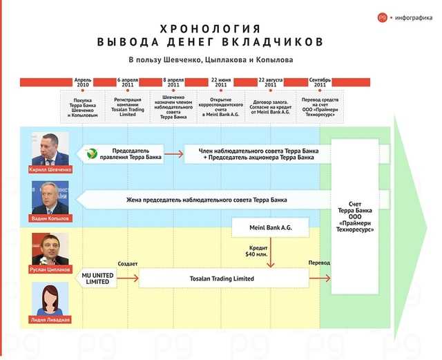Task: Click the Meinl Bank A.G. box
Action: click(x=270, y=227)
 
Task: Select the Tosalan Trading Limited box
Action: click(x=224, y=278)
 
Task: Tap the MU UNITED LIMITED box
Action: click(x=96, y=278)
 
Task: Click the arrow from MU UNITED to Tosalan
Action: click(x=128, y=278)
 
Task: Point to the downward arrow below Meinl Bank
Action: click(x=270, y=252)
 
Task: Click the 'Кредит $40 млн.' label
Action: click(x=256, y=251)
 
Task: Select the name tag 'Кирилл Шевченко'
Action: click(x=50, y=169)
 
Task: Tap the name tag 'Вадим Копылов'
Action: click(x=50, y=218)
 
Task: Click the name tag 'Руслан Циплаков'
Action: click(x=50, y=269)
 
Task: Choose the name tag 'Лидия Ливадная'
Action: click(x=50, y=320)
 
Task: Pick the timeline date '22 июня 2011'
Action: click(x=221, y=82)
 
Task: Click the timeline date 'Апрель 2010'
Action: click(x=83, y=82)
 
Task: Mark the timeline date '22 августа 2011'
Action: click(x=270, y=82)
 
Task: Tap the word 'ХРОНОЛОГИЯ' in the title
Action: click(x=210, y=29)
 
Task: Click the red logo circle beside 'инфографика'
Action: click(x=383, y=17)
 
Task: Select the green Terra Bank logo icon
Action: click(x=92, y=154)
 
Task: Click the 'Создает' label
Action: click(x=128, y=264)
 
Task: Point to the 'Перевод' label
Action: click(x=319, y=263)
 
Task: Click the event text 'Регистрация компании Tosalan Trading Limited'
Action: click(x=128, y=107)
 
